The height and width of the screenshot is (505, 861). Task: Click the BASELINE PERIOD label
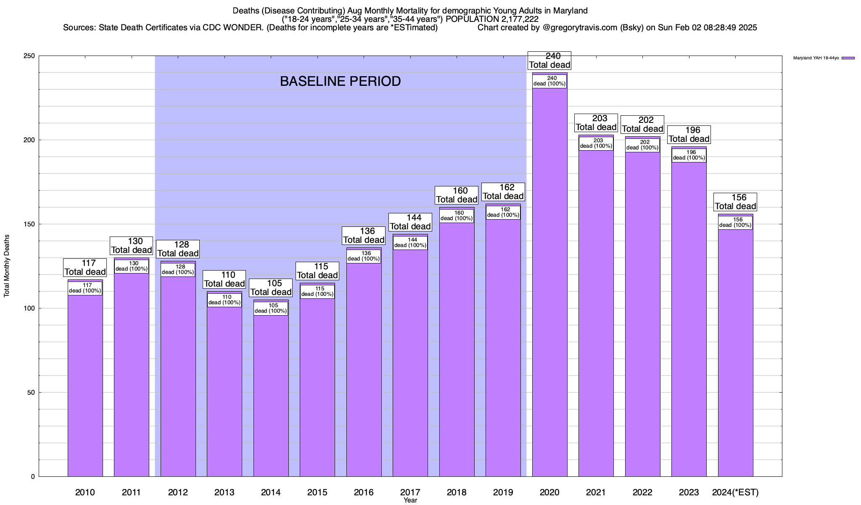(x=340, y=81)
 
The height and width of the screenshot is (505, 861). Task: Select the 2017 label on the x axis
(x=410, y=492)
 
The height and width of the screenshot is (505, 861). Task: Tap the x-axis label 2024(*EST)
(x=735, y=492)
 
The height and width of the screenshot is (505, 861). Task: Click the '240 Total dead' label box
(x=549, y=61)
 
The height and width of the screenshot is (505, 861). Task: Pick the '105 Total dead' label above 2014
(x=271, y=288)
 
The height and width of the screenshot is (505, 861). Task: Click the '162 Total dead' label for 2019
(x=503, y=192)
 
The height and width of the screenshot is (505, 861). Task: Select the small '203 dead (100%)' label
(x=596, y=144)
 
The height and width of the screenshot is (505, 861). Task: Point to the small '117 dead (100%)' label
(x=85, y=288)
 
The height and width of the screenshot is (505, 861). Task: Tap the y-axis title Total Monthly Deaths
(x=7, y=266)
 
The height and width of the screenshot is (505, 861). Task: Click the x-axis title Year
(x=410, y=500)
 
